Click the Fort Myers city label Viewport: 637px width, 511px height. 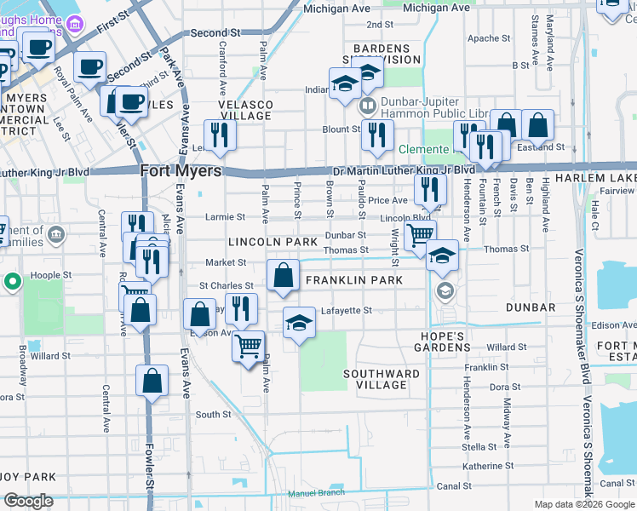pyautogui.click(x=180, y=170)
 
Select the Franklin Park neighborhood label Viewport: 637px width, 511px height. pyautogui.click(x=353, y=279)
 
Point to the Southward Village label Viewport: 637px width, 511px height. pyautogui.click(x=382, y=379)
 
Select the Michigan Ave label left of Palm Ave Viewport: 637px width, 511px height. pyautogui.click(x=337, y=9)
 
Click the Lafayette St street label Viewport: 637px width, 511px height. pyautogui.click(x=346, y=311)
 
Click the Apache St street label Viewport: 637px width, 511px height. pyautogui.click(x=489, y=38)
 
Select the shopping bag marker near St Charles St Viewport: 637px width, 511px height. pyautogui.click(x=283, y=276)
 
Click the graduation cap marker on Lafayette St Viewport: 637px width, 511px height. pyautogui.click(x=298, y=323)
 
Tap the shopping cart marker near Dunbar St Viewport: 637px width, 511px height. pyautogui.click(x=419, y=234)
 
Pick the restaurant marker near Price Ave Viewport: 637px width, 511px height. pyautogui.click(x=430, y=188)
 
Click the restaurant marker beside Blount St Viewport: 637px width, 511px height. pyautogui.click(x=376, y=135)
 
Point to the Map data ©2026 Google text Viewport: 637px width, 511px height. pyautogui.click(x=584, y=504)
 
